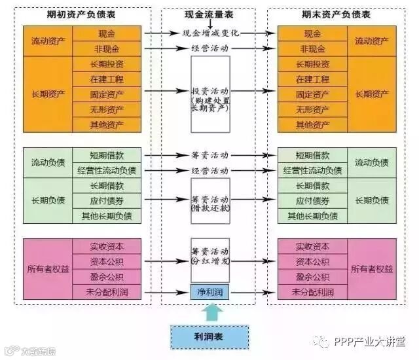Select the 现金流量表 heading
tap(210, 14)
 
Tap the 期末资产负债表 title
tap(336, 14)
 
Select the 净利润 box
tap(210, 292)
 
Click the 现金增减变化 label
tap(210, 33)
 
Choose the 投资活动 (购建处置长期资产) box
tap(210, 94)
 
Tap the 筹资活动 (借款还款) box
tap(210, 200)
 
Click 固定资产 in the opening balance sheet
tap(107, 94)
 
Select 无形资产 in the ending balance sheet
tap(312, 109)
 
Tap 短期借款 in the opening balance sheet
tap(107, 155)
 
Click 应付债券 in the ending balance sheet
tap(312, 200)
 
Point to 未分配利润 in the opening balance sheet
tap(107, 292)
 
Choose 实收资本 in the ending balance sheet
tap(312, 246)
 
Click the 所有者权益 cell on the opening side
tap(48, 269)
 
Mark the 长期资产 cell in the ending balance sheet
tap(371, 94)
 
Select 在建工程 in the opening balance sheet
tap(107, 79)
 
